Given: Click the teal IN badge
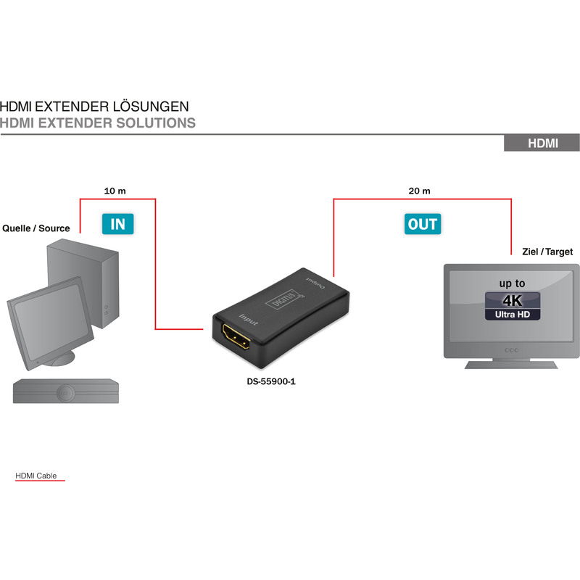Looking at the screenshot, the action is tap(117, 224).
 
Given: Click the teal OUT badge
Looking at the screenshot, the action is tap(423, 224).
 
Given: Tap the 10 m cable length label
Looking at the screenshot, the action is tap(115, 191).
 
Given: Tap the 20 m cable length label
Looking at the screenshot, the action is tap(419, 191).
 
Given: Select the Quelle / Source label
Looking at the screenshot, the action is tap(36, 228).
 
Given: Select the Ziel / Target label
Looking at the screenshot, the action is tap(547, 252).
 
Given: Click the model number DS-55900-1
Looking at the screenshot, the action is tap(271, 381).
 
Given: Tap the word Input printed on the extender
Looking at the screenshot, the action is tap(249, 320).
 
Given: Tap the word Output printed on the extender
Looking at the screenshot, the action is tap(315, 282).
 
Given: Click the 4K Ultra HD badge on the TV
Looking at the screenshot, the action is tap(513, 306).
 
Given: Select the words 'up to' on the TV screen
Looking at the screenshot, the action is tap(512, 283).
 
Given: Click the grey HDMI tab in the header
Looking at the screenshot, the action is tap(542, 143).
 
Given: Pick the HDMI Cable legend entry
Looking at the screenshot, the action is tap(36, 476).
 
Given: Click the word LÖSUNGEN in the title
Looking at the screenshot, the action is tap(151, 107).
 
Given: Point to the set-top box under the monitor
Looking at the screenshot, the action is tap(66, 391).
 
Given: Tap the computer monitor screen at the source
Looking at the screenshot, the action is tap(51, 320).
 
